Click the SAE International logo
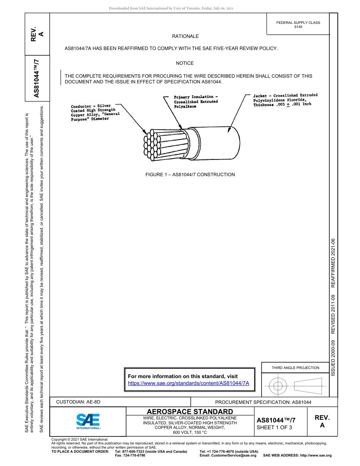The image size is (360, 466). click(88, 421)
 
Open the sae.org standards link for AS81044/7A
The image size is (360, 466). click(188, 383)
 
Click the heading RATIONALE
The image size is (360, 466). click(185, 36)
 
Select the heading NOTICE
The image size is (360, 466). click(185, 63)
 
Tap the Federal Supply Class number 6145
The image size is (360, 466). click(298, 27)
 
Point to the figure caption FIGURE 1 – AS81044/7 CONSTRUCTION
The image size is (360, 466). click(190, 175)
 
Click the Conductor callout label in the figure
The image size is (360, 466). click(95, 113)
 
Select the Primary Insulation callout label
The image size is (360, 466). click(196, 102)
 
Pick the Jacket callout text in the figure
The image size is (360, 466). click(285, 100)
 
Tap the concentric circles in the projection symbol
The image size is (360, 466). click(278, 386)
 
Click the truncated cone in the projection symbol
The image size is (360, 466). click(308, 386)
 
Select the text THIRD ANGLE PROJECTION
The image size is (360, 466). click(295, 367)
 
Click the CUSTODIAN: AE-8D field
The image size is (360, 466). click(78, 402)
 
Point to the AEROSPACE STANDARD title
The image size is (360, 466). click(190, 411)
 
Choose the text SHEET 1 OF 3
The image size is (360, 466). click(274, 428)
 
